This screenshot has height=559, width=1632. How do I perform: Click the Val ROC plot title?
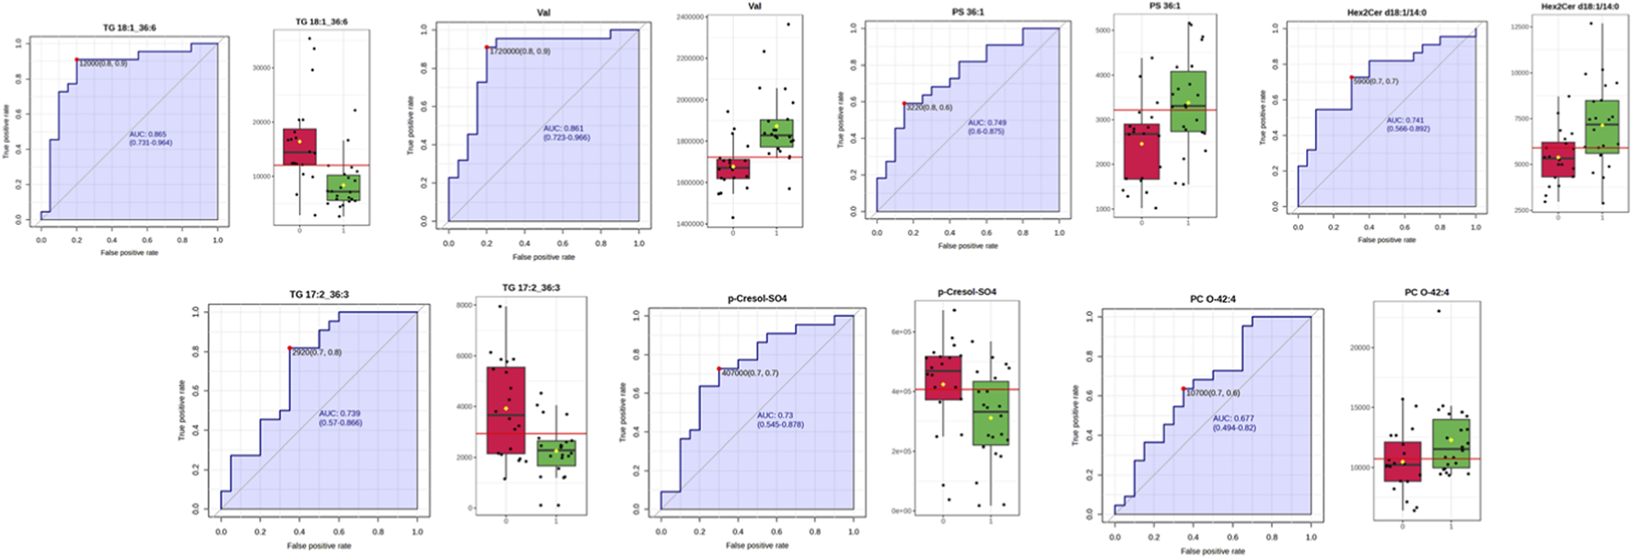click(543, 14)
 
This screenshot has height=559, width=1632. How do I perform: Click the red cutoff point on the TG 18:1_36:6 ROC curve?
click(77, 60)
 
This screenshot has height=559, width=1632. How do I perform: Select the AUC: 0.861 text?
click(564, 129)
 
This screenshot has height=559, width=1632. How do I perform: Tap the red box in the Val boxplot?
click(733, 169)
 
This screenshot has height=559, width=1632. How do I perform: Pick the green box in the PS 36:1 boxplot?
click(1188, 101)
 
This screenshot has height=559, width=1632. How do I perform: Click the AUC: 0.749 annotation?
click(987, 122)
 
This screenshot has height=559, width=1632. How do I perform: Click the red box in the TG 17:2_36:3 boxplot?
click(506, 411)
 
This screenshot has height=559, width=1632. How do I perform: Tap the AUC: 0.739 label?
click(340, 413)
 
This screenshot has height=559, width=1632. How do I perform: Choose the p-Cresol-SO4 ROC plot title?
click(757, 298)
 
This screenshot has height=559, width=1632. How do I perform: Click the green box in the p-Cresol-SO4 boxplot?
click(991, 413)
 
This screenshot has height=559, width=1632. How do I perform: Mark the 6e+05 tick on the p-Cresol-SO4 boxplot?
click(902, 332)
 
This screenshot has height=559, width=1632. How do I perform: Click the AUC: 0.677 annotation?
click(1233, 418)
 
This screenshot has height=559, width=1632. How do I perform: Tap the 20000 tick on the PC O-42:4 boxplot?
click(1360, 347)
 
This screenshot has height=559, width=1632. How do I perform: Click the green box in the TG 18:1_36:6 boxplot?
click(344, 188)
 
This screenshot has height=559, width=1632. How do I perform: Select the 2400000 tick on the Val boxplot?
click(690, 17)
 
